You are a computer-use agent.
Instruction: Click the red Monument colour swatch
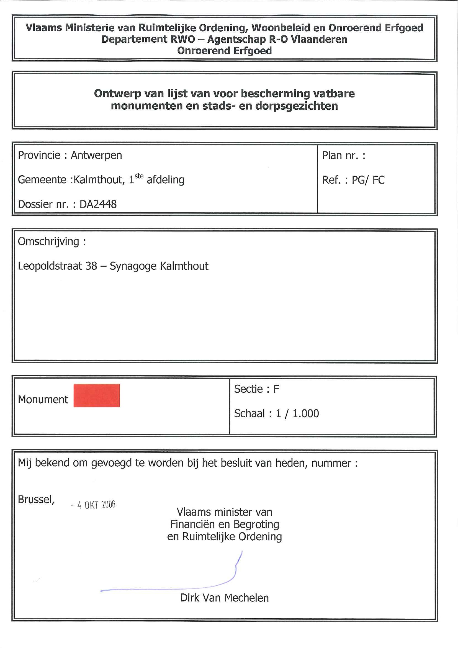click(97, 395)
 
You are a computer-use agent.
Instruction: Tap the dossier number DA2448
click(98, 204)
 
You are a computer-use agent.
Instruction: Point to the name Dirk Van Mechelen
click(224, 598)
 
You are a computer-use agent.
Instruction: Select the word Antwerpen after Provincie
click(96, 155)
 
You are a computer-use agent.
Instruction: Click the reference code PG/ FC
click(368, 180)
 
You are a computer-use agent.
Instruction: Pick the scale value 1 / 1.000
click(297, 413)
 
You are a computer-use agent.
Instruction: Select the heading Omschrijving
click(48, 241)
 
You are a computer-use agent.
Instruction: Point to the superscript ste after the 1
click(139, 176)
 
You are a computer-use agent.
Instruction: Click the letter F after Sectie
click(276, 389)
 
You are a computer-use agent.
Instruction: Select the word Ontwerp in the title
click(118, 93)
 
